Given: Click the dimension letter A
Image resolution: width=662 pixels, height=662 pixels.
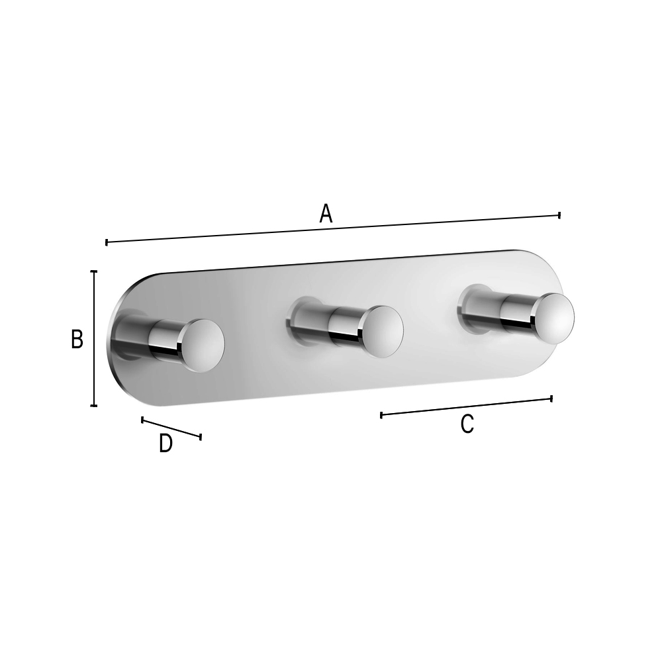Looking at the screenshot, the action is pos(326,213).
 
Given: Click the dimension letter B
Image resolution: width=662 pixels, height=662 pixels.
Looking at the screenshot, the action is pos(77,339).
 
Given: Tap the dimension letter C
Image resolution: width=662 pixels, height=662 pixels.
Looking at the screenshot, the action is pos(467,424).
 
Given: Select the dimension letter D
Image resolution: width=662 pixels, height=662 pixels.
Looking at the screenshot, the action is pos(166,444).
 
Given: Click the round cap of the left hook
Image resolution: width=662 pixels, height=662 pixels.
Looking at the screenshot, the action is pos(203,346).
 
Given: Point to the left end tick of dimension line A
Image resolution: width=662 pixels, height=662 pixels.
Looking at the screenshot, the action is pos(107,242).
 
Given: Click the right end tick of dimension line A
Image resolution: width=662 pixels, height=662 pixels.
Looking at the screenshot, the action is pos(559,215).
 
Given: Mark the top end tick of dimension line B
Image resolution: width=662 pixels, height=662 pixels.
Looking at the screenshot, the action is pos(94,271).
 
